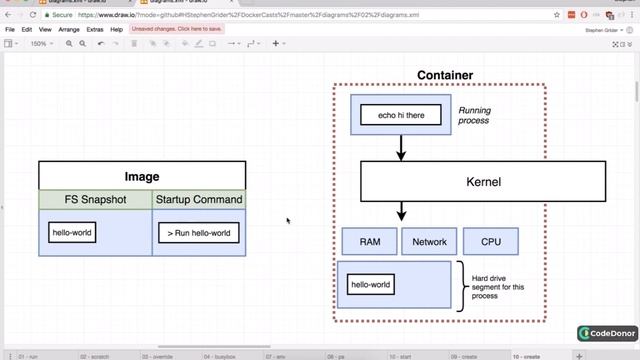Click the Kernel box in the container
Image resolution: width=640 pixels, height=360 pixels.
click(x=483, y=182)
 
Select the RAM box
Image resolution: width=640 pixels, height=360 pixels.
click(x=369, y=241)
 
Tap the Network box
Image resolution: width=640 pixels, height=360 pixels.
click(x=429, y=241)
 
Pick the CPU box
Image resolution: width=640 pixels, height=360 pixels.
click(x=491, y=241)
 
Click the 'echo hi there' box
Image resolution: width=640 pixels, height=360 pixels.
click(x=401, y=116)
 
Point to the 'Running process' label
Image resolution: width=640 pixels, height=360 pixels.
click(x=474, y=116)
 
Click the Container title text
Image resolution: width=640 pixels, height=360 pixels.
click(x=445, y=75)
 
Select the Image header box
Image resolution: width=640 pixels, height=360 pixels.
click(x=142, y=176)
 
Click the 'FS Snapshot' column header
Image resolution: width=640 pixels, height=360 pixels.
click(x=96, y=200)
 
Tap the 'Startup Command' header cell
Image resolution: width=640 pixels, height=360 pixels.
click(x=198, y=200)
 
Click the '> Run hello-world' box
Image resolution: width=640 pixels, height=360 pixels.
click(x=198, y=233)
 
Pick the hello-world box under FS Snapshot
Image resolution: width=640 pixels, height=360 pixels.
click(x=72, y=233)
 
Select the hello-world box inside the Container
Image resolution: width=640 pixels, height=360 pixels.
click(x=369, y=285)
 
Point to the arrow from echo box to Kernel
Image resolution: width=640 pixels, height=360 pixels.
click(x=401, y=148)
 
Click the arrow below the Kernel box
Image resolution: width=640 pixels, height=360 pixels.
click(x=401, y=211)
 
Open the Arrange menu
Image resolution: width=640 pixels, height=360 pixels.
click(x=69, y=30)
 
